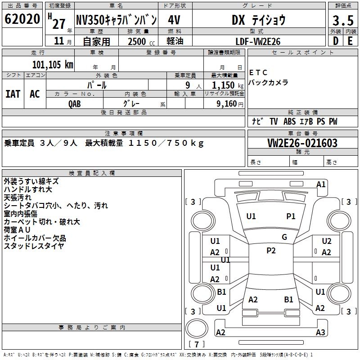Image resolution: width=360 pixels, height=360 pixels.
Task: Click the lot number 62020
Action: coord(22,19)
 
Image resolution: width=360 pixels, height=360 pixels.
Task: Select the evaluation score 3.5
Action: coord(343,20)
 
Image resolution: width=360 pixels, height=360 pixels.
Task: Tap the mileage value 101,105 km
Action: coord(53,64)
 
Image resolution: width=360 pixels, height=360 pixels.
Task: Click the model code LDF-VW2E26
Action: coord(258,41)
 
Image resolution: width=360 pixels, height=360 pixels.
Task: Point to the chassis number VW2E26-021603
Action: coord(302,143)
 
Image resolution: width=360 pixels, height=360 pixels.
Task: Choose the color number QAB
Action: coord(74,104)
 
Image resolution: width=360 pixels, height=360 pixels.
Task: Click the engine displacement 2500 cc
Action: coord(141,41)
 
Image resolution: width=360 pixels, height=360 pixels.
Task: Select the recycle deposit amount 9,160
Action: coord(226,104)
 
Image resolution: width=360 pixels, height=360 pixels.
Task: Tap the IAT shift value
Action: coord(13,94)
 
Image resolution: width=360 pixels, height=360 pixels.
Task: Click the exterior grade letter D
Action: coord(336,41)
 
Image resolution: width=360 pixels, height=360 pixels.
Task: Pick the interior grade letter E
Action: coord(350,41)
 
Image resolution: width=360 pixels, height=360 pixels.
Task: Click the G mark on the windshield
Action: coord(284,237)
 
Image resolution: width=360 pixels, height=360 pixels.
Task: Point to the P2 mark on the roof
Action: coord(271,251)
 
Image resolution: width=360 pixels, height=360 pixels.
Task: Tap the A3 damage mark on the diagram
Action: coord(320,332)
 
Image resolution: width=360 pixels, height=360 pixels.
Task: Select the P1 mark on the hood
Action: coord(291,216)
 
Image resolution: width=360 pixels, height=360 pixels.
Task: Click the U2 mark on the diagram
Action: coord(327,241)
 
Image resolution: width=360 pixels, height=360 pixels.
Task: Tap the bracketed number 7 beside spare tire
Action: coord(197,344)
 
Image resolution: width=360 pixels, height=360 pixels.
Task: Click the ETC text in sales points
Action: coord(258,72)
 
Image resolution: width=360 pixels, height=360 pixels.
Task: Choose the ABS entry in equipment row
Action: coord(289,121)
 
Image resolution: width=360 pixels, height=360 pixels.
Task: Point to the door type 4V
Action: coord(174,20)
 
